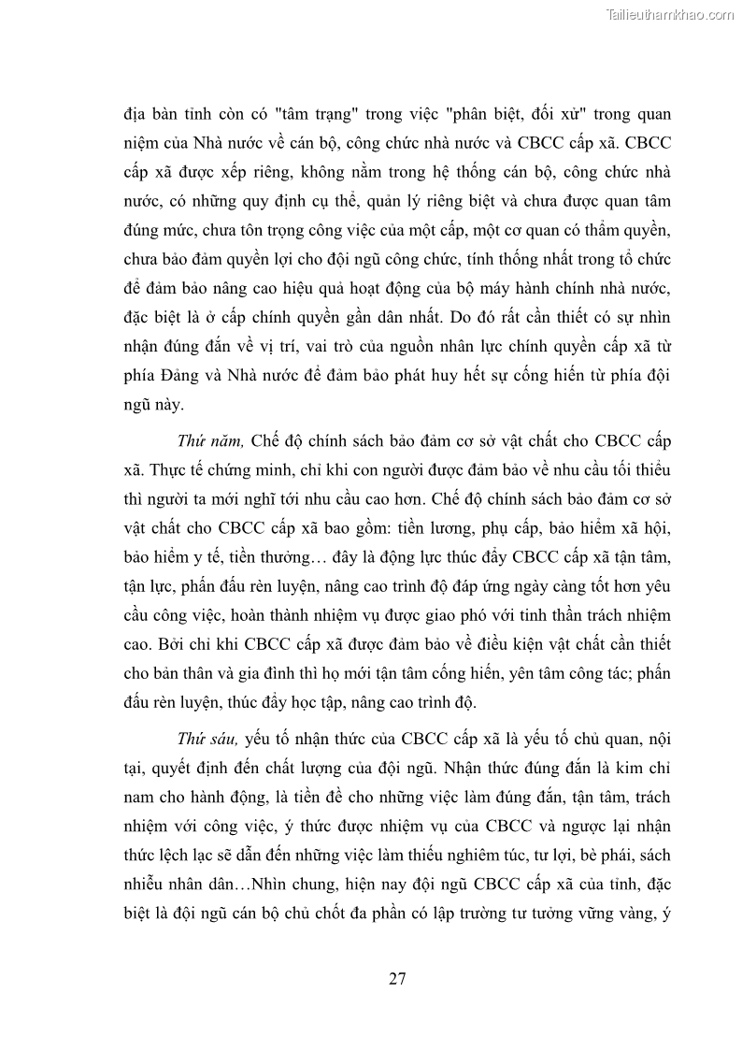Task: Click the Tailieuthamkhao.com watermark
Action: click(670, 14)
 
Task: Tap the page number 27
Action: click(397, 979)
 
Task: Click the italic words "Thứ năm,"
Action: click(210, 440)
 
